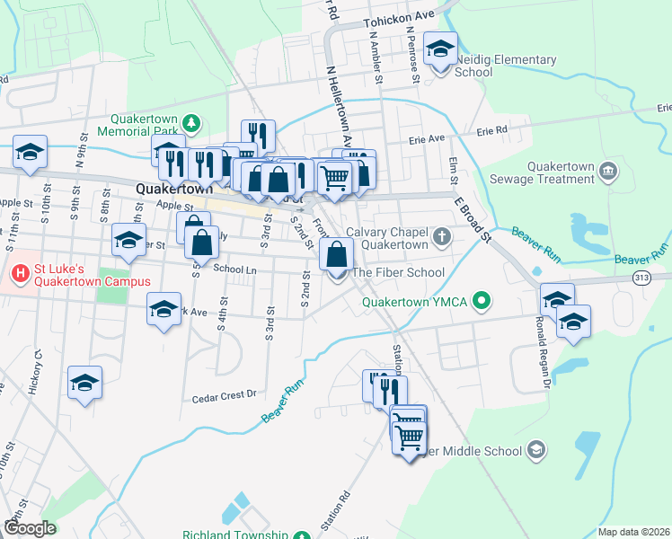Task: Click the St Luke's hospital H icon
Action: click(x=17, y=269)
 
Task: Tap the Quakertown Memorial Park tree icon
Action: click(x=190, y=122)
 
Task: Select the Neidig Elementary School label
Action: click(x=506, y=66)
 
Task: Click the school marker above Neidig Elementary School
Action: click(x=440, y=49)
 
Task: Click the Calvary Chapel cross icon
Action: click(x=440, y=237)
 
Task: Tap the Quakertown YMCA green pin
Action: click(x=482, y=302)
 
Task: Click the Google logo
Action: click(x=30, y=528)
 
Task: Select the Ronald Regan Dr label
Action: click(x=542, y=339)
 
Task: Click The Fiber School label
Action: click(x=398, y=272)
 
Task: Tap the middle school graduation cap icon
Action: click(x=535, y=449)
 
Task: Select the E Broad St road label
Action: click(x=473, y=220)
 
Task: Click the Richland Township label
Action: click(x=235, y=535)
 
